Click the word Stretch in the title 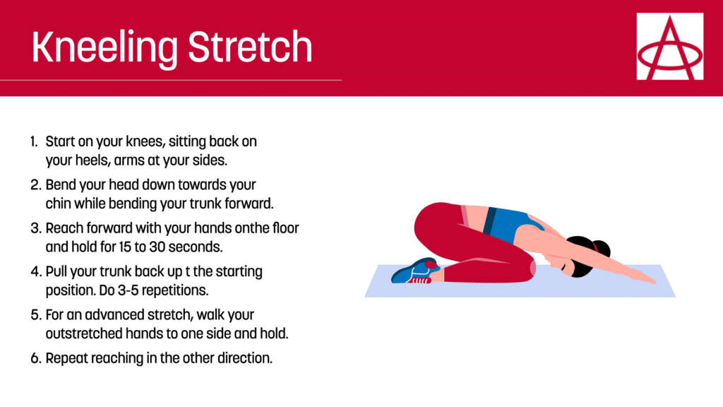pyautogui.click(x=251, y=47)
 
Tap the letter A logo pyautogui.click(x=670, y=46)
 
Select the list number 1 pyautogui.click(x=34, y=141)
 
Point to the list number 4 pyautogui.click(x=36, y=271)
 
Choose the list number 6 pyautogui.click(x=36, y=358)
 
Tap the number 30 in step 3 pyautogui.click(x=157, y=247)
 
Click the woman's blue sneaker pyautogui.click(x=414, y=272)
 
